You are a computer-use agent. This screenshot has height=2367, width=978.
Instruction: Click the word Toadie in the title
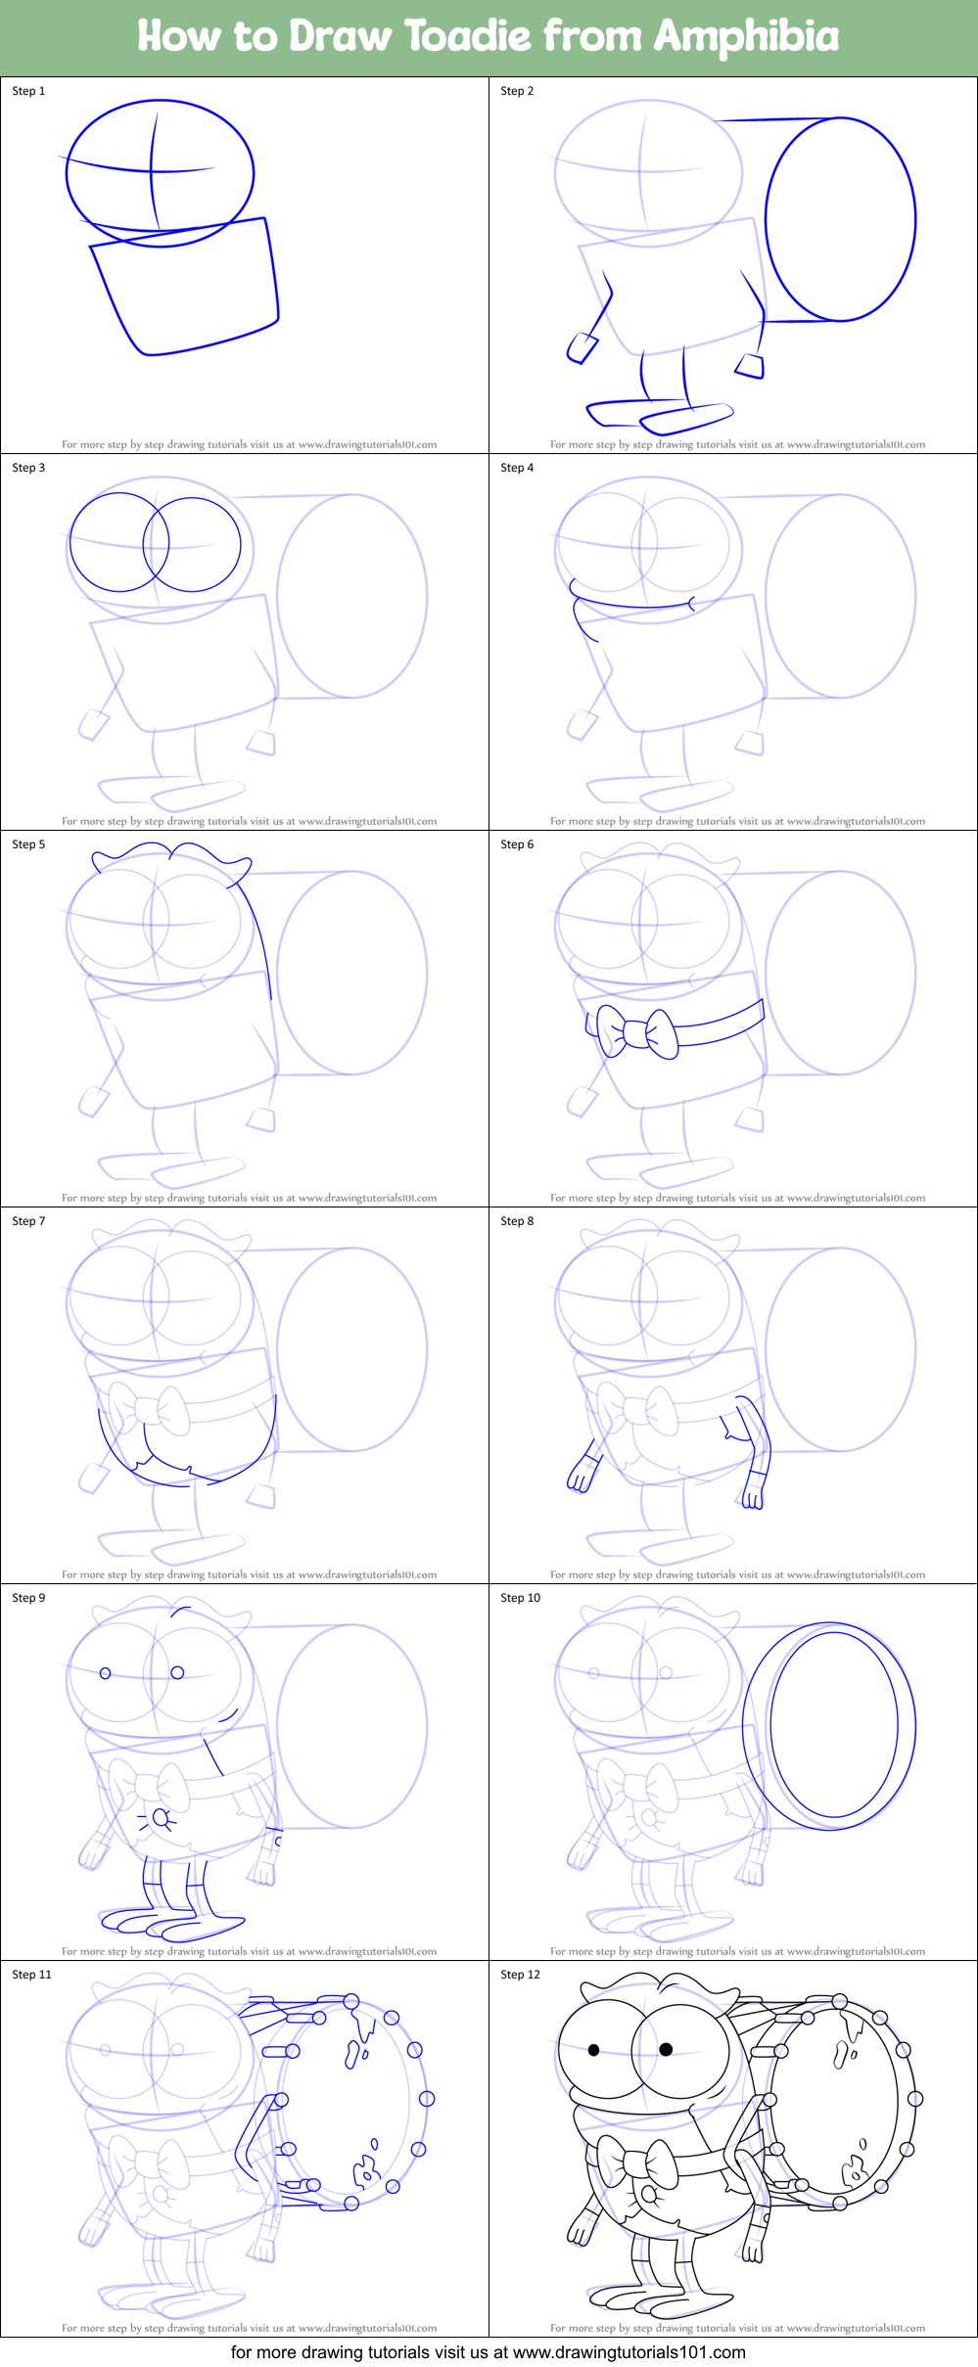pos(467,37)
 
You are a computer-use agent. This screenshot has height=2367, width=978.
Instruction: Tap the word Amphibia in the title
pos(746,37)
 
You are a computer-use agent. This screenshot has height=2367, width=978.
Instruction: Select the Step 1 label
pos(28,91)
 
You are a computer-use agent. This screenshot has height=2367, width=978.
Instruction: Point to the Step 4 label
pos(517,468)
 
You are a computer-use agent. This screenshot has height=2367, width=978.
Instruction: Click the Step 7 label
pos(28,1221)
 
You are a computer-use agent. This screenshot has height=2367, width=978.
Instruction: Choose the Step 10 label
pos(520,1598)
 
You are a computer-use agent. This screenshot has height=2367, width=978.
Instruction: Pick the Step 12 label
pos(520,1975)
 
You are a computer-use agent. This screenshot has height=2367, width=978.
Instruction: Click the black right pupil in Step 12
pos(666,2049)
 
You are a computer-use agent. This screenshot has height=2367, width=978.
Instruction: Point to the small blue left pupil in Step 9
pos(106,1673)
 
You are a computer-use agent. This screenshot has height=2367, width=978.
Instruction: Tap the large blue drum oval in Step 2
pos(840,219)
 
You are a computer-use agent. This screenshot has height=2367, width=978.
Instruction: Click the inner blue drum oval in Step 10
pos(833,1725)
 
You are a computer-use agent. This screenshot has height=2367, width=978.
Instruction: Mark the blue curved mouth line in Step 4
pos(631,605)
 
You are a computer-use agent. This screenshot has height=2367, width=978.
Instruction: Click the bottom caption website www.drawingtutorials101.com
pos(629,2352)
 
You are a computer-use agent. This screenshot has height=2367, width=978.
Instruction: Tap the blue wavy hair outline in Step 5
pos(171,859)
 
